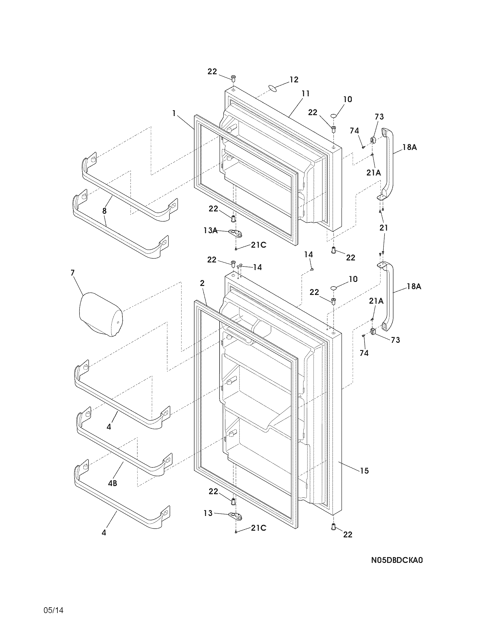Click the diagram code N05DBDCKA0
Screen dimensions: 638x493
point(397,560)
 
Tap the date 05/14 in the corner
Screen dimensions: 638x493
point(53,619)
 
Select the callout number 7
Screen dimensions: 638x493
point(72,273)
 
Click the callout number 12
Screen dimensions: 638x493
point(294,79)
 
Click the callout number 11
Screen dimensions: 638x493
point(305,94)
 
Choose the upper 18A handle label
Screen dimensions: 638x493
point(409,148)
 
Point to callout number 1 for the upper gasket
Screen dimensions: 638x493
point(174,113)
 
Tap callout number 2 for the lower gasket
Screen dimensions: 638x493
point(202,283)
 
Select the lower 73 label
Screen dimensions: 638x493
point(395,340)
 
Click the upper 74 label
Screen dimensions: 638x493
point(354,131)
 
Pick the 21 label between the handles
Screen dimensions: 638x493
point(383,228)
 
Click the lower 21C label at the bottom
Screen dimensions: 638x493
point(258,528)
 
